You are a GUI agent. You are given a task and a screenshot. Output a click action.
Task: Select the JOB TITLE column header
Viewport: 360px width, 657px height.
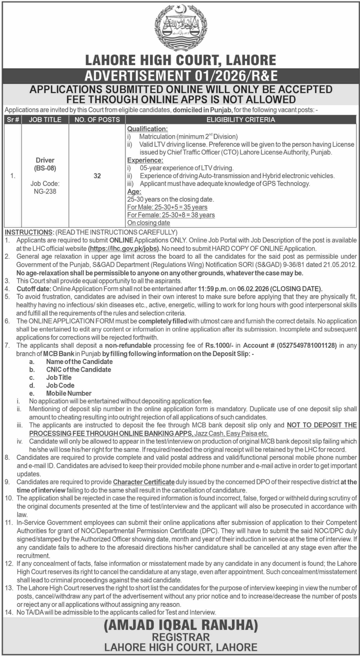(45, 120)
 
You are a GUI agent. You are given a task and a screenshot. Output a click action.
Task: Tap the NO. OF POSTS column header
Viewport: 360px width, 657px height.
(97, 120)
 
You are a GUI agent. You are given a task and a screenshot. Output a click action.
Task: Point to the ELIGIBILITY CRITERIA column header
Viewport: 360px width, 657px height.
(241, 120)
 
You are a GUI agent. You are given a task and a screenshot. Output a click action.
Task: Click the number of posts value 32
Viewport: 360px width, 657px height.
(97, 176)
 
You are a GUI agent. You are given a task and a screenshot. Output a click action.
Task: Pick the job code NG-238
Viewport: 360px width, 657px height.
(45, 191)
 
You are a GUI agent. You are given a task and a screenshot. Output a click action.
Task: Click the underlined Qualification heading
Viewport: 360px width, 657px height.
(147, 129)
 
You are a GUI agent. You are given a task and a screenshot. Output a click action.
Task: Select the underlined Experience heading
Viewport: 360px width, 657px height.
(145, 160)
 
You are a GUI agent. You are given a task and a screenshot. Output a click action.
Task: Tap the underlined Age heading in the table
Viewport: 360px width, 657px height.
(134, 192)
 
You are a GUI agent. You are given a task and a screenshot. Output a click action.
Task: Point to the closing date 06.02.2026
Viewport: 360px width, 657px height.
(253, 289)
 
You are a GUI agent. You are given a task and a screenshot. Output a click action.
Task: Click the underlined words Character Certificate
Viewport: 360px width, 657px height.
(144, 482)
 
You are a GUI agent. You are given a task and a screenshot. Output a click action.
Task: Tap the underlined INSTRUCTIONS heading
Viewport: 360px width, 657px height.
(29, 232)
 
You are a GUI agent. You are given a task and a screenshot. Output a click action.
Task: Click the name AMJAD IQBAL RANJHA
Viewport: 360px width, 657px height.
(181, 625)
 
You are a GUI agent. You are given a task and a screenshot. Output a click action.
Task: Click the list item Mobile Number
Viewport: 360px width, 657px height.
(69, 393)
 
